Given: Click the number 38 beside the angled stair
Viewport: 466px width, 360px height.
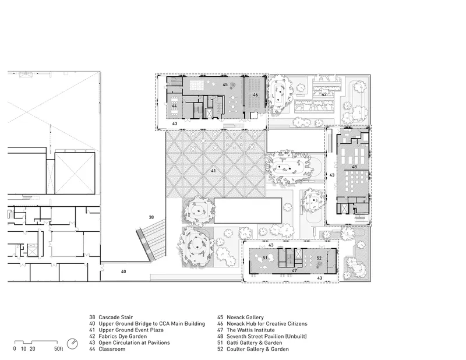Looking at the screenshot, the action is pos(151,217).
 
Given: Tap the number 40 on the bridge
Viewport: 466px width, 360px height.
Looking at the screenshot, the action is pos(123,271).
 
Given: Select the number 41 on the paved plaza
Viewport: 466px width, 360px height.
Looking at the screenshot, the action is pos(213,171).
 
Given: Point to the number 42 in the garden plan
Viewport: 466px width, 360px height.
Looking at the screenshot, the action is pos(324,94).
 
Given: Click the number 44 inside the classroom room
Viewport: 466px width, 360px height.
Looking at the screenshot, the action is pos(174,106).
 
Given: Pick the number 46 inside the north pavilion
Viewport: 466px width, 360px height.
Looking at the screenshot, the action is pos(255,95).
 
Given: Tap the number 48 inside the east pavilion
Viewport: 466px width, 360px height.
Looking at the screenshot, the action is pos(354,167).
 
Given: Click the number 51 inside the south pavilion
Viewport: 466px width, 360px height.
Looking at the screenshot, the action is pos(265,258).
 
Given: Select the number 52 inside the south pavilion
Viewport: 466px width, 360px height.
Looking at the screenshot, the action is pos(319,258).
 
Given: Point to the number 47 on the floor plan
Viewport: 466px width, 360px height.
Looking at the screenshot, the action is pos(294,270).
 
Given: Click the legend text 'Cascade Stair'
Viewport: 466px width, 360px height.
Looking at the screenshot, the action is pos(115,317).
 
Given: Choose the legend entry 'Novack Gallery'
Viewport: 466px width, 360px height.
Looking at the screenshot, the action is pos(245,317).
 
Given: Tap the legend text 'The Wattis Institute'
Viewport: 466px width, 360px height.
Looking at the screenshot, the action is pos(250,330).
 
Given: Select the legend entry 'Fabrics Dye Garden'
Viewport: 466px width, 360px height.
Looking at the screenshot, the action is pos(122,336).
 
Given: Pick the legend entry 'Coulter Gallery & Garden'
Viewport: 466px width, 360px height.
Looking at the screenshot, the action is pos(257,349).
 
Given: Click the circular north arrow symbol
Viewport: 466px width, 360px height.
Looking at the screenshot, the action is pos(72,344).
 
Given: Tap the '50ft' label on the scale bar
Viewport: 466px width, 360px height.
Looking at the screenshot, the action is pos(59,349).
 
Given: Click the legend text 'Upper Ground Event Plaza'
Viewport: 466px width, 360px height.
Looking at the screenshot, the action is pos(130,330).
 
